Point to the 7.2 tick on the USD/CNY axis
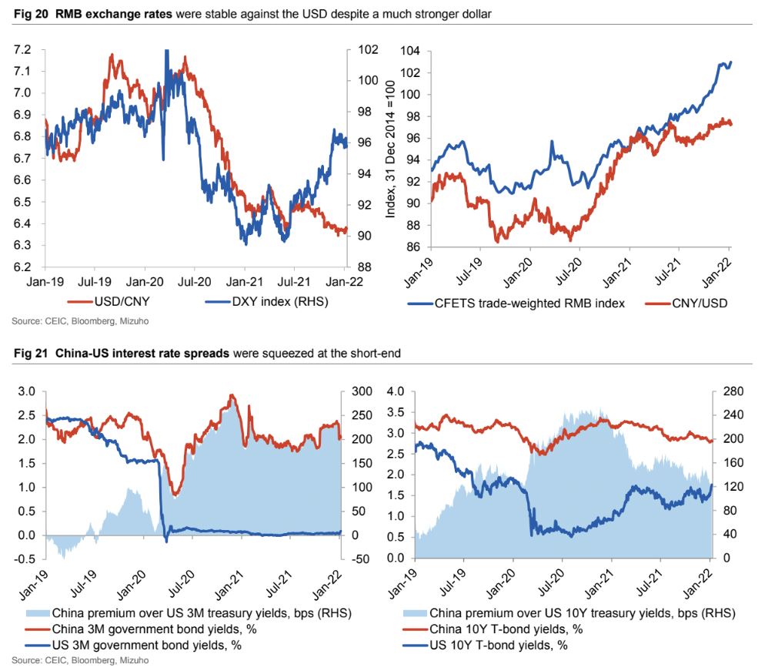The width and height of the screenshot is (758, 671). click(23, 50)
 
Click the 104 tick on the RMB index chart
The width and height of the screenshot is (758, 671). click(407, 51)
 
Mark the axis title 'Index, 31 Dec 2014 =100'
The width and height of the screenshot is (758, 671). click(389, 149)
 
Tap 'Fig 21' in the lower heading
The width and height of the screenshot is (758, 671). click(24, 354)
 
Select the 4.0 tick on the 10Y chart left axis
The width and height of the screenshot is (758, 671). click(394, 391)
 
